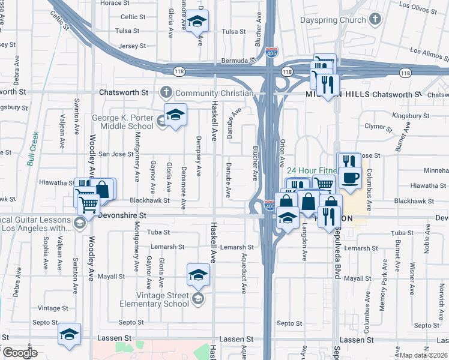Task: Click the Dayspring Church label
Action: pos(333,20)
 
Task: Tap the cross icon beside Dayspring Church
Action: pos(375,20)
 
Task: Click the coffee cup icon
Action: pos(350,177)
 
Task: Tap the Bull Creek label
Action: pos(32,148)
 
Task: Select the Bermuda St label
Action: pos(234,61)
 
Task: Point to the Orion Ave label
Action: pos(282,154)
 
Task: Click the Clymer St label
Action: pos(377,127)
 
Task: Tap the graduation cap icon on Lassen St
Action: pos(70,333)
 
